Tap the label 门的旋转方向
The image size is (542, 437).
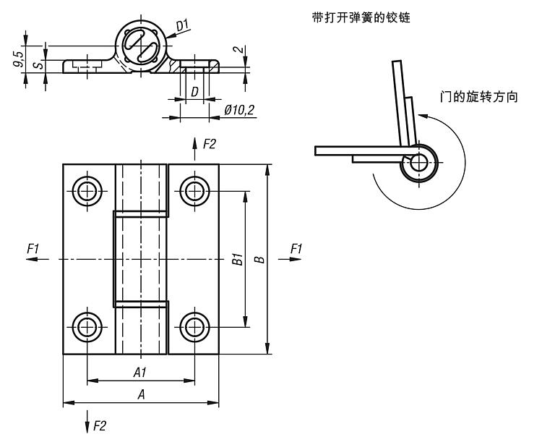(x=479, y=97)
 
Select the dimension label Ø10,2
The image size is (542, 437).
(x=238, y=111)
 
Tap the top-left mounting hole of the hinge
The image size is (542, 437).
(x=88, y=191)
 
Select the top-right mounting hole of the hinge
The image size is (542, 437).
(x=194, y=191)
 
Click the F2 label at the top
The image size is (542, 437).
(x=210, y=144)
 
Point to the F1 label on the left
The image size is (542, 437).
(x=33, y=249)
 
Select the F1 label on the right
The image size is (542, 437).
(x=296, y=249)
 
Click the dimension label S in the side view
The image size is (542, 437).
(x=41, y=65)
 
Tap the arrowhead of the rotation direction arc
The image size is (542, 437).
(x=426, y=116)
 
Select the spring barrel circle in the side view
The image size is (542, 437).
(x=142, y=48)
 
